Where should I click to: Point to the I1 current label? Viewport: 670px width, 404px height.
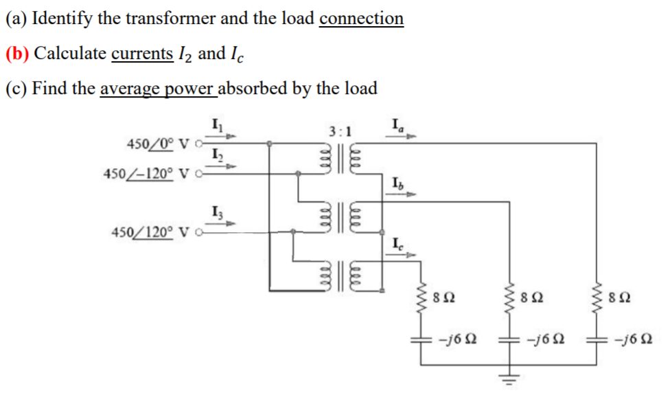point(215,126)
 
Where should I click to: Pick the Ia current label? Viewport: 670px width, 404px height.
point(396,126)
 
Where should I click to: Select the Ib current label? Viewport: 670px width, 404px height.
point(397,183)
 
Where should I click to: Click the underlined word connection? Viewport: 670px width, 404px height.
point(361,19)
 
